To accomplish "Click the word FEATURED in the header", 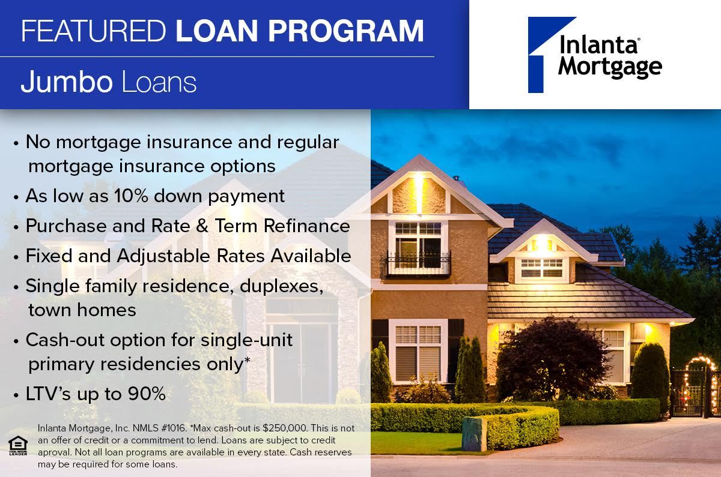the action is tap(94, 31).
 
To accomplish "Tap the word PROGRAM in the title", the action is tap(346, 31).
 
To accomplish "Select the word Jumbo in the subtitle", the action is tap(67, 82).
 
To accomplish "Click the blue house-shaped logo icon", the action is tap(548, 55).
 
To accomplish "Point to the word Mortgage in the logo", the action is tap(610, 67).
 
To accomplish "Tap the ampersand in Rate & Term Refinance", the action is tap(202, 226).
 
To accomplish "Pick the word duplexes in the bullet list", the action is tap(281, 287).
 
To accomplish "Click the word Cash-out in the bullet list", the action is tap(65, 340).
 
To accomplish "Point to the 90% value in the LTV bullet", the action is tap(147, 394).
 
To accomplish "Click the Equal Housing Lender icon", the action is tap(18, 445).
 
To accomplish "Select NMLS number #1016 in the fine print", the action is tap(174, 428).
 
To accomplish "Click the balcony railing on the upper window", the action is tap(418, 263).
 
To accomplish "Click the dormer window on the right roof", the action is tap(542, 268).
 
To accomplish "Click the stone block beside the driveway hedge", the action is tap(474, 434).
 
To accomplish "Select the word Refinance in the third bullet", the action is tap(307, 226).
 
